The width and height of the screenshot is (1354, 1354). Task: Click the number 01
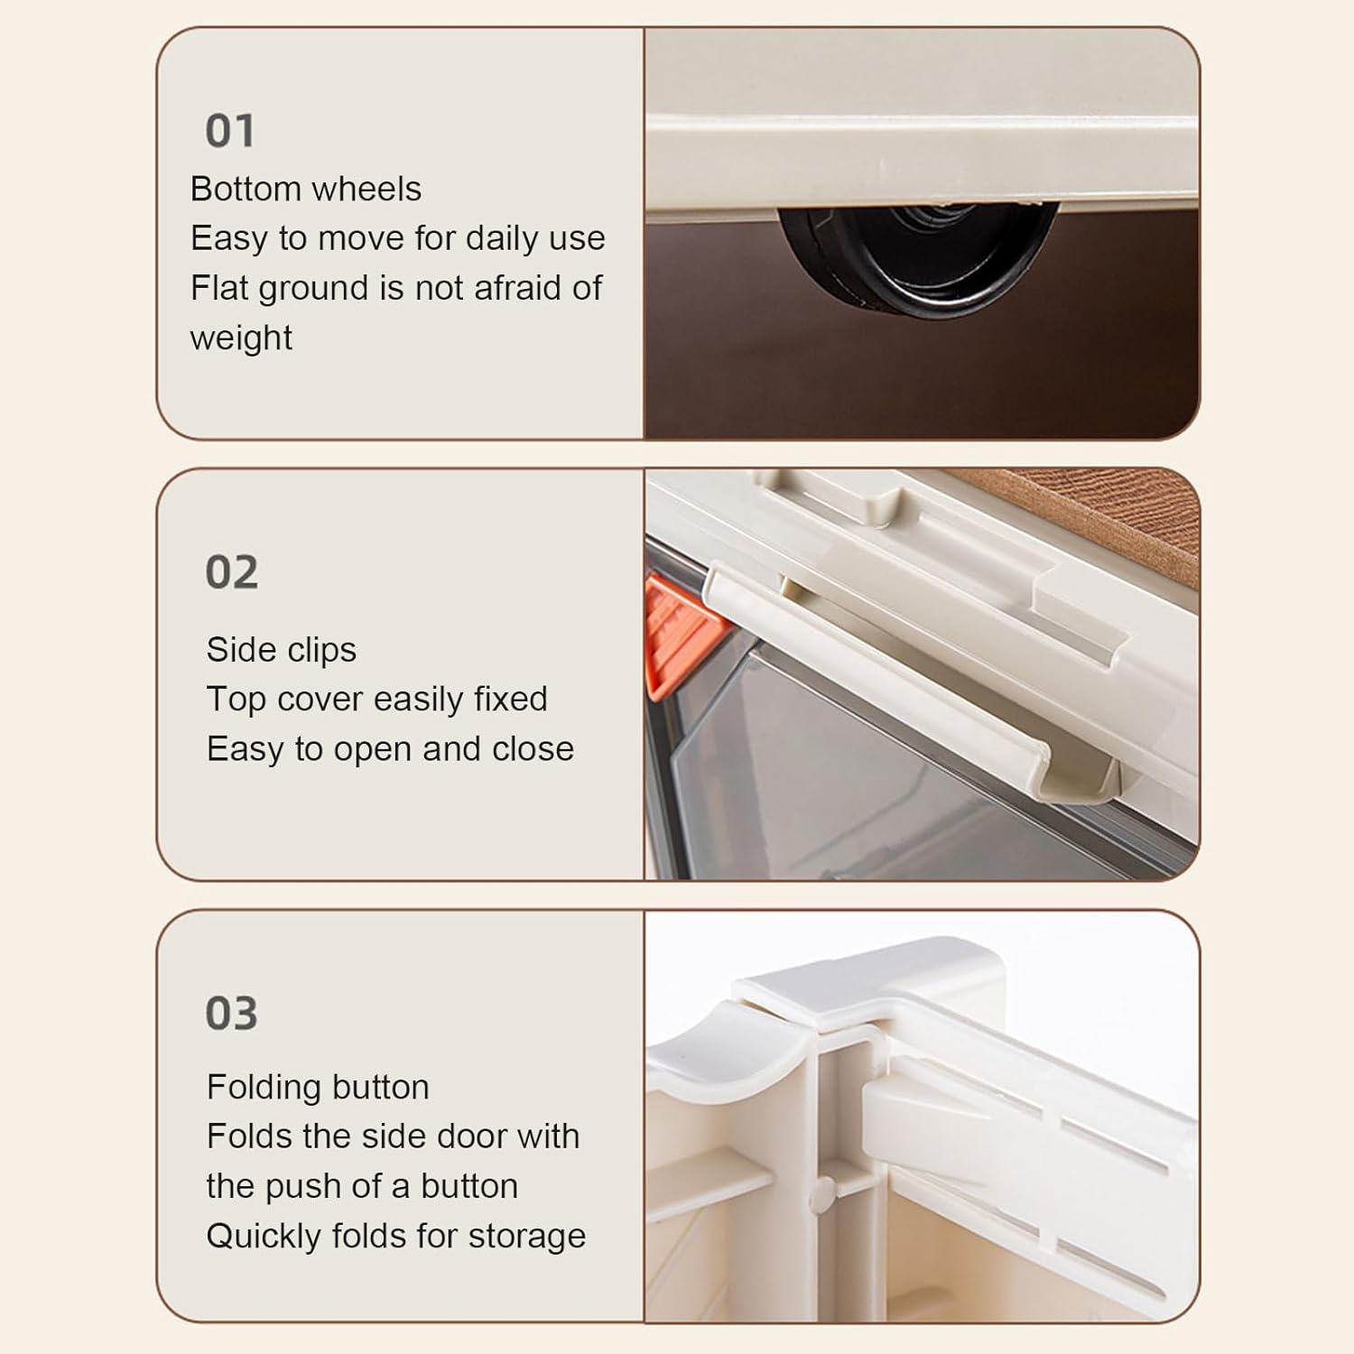click(x=230, y=131)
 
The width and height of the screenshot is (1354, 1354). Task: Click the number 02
click(x=232, y=572)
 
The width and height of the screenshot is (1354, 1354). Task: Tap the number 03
click(x=232, y=1013)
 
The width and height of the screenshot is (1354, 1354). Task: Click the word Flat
click(x=214, y=289)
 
